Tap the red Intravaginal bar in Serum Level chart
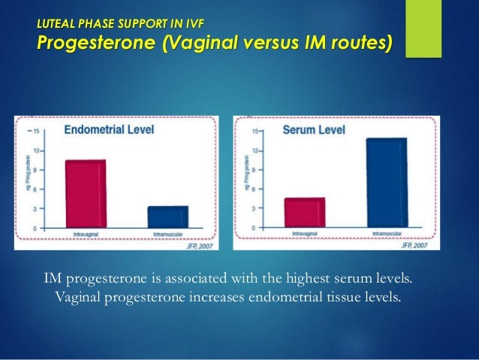pos(304,212)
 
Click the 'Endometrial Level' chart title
pos(109,129)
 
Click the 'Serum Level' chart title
pos(314,130)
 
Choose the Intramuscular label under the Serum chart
pos(387,234)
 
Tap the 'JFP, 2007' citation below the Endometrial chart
pos(200,244)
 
